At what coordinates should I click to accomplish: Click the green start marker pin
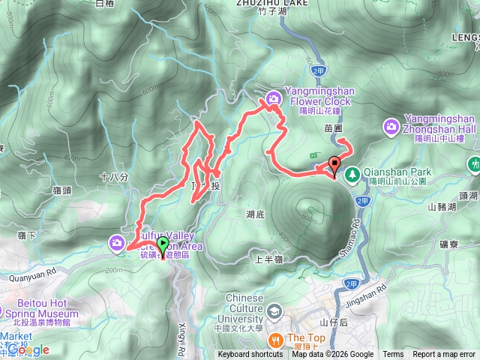[163, 244]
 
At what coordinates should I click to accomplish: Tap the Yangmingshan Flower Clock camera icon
[274, 97]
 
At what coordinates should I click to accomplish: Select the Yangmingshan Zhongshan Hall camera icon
[391, 127]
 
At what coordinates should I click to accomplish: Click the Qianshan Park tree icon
[351, 171]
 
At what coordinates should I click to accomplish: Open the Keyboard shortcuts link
[250, 355]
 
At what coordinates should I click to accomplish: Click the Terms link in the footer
[393, 355]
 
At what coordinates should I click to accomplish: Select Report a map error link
[444, 355]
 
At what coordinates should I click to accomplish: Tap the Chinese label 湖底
[255, 214]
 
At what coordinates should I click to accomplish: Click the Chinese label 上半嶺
[268, 259]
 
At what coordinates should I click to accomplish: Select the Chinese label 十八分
[114, 177]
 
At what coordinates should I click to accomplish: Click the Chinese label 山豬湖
[442, 206]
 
